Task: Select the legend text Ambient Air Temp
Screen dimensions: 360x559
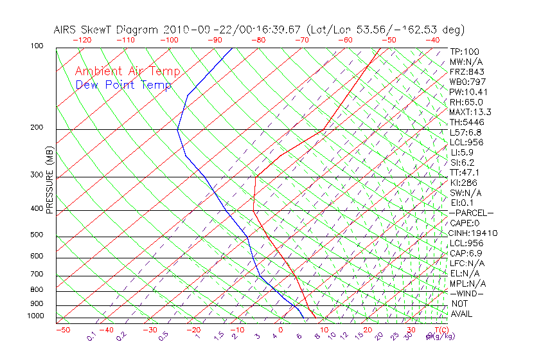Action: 127,72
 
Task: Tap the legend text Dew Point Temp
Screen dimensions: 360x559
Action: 123,85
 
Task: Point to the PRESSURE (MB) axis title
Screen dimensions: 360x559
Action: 49,180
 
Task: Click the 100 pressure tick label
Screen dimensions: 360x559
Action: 36,46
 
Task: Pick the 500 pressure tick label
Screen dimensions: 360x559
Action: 36,235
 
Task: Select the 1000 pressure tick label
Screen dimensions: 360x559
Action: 35,316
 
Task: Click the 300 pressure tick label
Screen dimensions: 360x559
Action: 36,175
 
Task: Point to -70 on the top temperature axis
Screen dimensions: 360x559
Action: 301,40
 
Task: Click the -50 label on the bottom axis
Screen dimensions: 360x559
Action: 62,330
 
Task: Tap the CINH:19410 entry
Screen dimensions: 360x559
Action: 474,233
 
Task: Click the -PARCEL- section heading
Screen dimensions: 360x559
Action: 471,213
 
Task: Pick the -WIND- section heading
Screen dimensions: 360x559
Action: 467,293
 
